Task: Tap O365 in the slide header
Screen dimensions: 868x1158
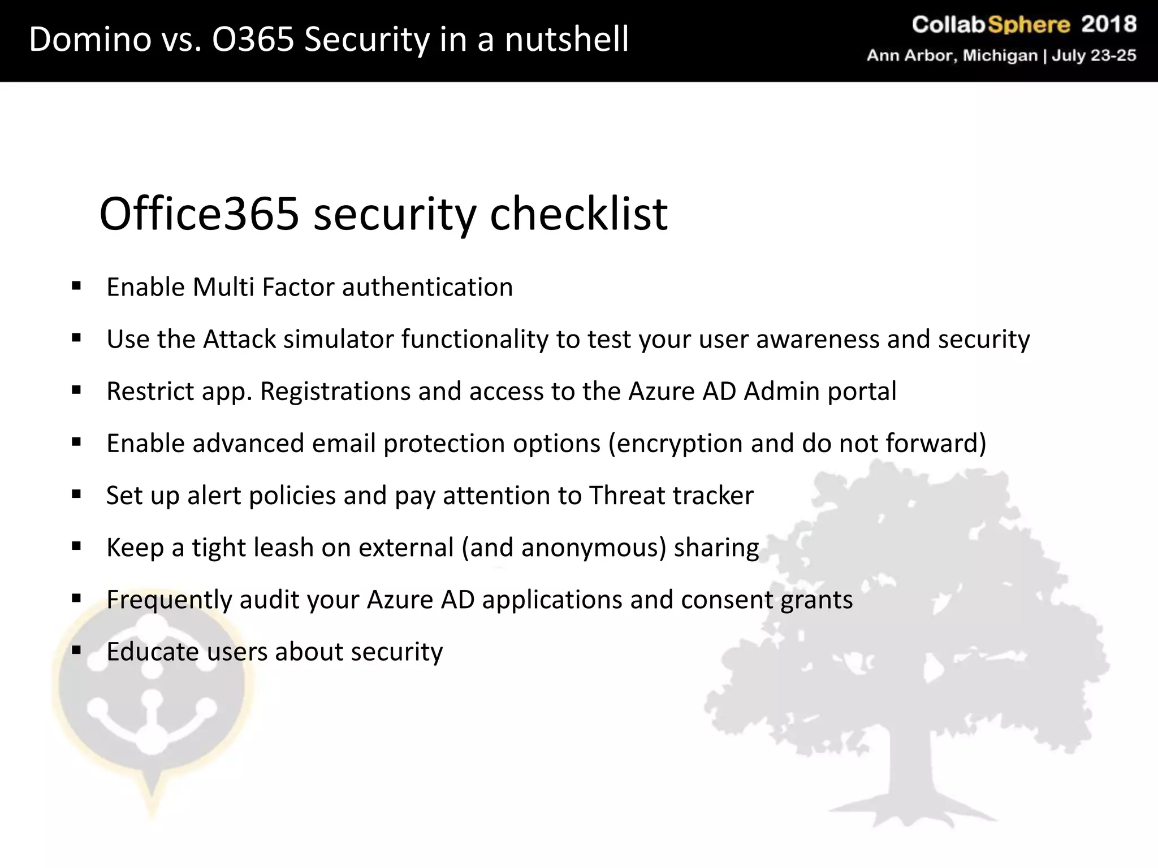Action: [x=253, y=40]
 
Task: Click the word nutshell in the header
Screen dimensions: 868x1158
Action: [x=567, y=40]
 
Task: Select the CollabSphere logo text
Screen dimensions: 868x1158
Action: [x=991, y=25]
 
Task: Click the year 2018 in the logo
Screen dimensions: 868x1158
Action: [x=1109, y=24]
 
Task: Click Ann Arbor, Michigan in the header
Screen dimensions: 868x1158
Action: [x=953, y=55]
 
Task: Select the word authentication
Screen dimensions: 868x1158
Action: [x=427, y=287]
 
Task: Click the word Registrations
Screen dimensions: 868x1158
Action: [x=335, y=391]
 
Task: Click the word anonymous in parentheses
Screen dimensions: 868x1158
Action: [x=593, y=548]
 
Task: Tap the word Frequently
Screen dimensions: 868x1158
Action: [x=169, y=600]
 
